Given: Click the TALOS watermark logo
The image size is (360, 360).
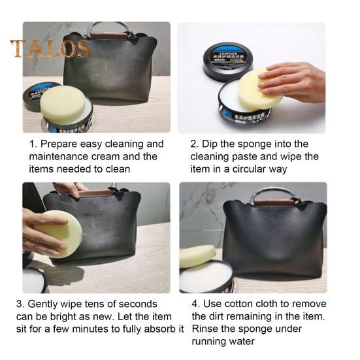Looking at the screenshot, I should [50, 49].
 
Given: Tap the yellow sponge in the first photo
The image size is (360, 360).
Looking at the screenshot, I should [63, 104].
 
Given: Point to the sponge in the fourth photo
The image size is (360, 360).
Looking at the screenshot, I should [197, 255].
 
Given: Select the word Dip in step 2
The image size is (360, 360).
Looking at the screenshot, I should [212, 144].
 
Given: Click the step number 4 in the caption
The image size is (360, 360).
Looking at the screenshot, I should [195, 304].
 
